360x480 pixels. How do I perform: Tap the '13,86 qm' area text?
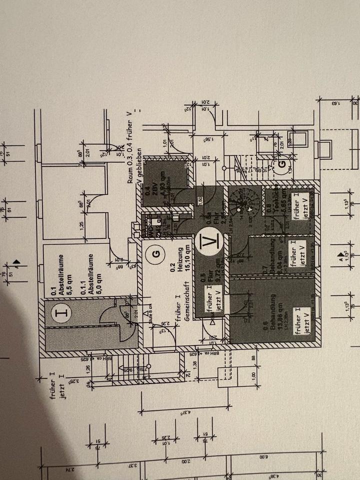[x=267, y=319]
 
